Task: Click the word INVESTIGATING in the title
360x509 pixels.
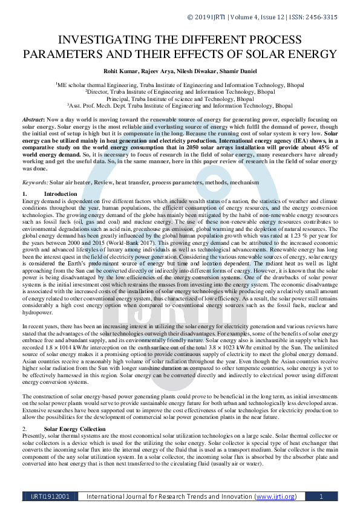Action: (x=108, y=40)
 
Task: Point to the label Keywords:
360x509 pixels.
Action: (x=36, y=182)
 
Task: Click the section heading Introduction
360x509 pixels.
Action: (x=61, y=193)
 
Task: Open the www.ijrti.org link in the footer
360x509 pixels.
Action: (x=275, y=496)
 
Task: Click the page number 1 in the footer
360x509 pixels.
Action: (x=320, y=496)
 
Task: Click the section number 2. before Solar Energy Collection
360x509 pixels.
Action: (x=24, y=429)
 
